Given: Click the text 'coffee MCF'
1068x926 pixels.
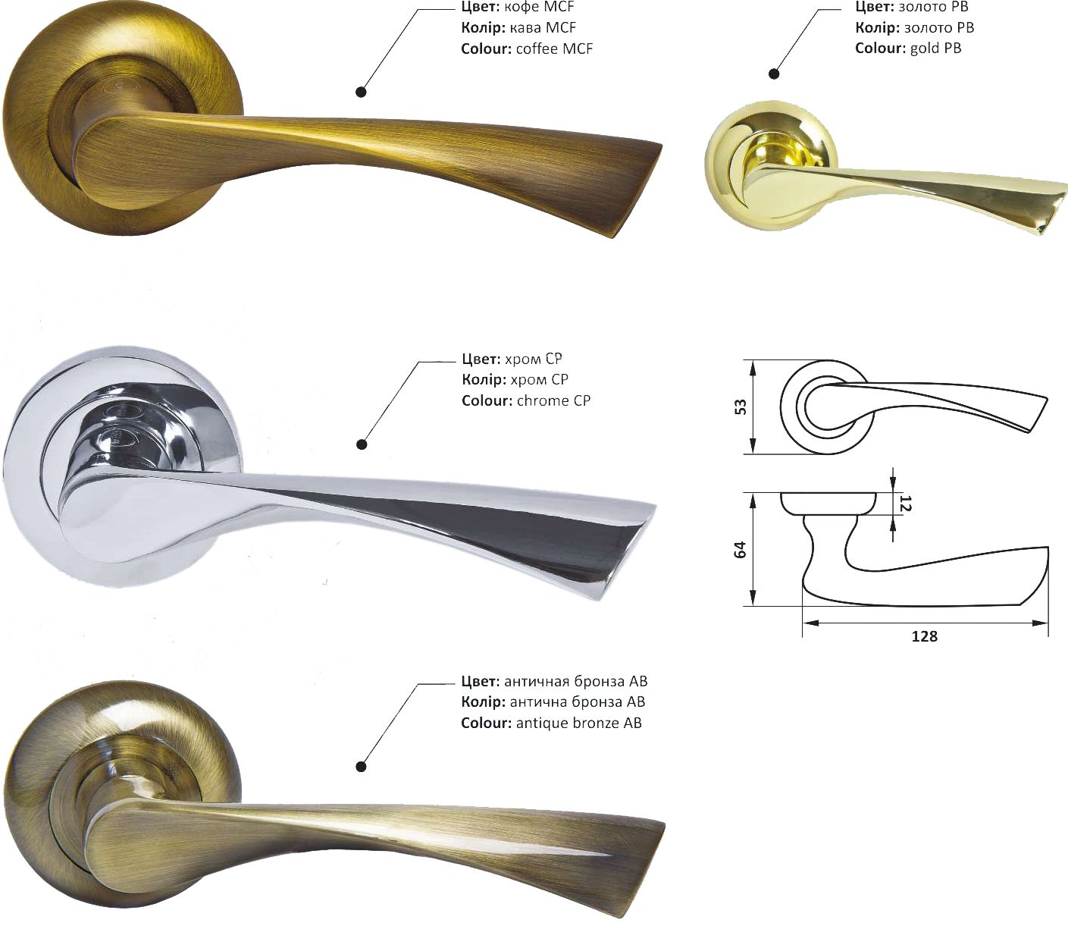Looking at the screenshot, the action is [x=554, y=49].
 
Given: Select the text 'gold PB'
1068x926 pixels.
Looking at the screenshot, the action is [x=935, y=49].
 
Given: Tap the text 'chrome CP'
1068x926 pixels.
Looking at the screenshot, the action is [x=553, y=400].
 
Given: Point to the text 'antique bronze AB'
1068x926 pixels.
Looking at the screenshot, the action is [x=578, y=723].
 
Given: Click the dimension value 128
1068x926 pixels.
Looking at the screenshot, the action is [x=924, y=636].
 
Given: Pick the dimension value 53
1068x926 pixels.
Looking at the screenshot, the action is [x=741, y=406].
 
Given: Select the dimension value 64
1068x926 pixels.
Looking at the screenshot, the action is [x=741, y=550].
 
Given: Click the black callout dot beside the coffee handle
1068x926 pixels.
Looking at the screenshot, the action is [x=362, y=93].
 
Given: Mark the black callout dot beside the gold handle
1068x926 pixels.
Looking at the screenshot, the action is [x=773, y=74].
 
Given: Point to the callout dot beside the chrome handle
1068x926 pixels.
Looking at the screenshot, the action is [x=362, y=444].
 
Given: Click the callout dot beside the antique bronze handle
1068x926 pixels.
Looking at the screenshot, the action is [x=362, y=767].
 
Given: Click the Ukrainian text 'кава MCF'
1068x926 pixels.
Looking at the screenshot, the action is [x=543, y=28].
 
